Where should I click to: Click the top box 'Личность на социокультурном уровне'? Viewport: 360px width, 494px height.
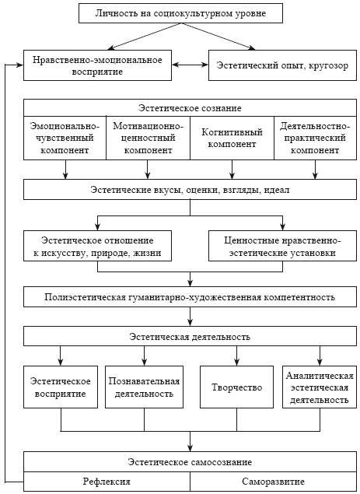point(180,13)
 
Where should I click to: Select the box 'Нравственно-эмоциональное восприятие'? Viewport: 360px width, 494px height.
point(97,65)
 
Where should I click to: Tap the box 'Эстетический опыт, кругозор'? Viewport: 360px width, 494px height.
point(282,65)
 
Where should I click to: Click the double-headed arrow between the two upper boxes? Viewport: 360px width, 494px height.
point(190,65)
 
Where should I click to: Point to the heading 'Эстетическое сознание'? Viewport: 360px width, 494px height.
point(190,108)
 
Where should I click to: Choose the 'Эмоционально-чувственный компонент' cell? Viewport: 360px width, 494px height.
point(65,138)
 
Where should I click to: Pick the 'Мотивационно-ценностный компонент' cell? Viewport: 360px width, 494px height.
point(148,138)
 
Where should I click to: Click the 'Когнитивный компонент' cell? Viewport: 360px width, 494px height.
point(232,138)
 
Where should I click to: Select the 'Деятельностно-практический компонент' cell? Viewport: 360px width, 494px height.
point(315,138)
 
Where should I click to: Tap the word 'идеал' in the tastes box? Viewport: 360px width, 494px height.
point(277,190)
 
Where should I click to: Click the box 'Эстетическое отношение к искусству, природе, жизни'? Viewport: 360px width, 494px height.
point(97,246)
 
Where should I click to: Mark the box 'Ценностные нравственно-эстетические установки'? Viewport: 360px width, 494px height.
point(282,246)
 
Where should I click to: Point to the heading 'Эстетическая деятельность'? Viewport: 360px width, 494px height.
point(190,337)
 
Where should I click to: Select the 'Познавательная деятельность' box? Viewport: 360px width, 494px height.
point(144,387)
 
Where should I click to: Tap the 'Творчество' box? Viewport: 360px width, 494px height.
point(236,387)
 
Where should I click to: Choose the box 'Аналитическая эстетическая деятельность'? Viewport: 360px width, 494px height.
point(320,387)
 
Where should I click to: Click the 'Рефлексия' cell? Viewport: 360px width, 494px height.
point(107,482)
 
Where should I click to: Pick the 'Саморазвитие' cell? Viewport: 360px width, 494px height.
point(274,482)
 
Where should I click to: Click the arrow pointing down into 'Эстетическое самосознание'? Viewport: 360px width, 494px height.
point(190,441)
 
